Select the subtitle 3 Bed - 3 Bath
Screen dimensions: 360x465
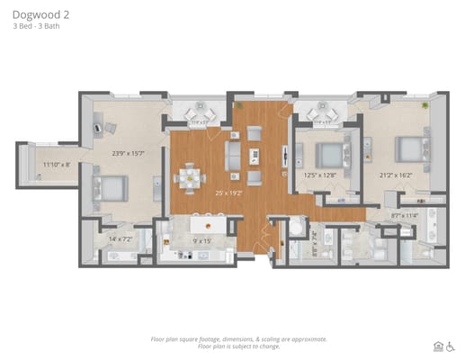(x=37, y=27)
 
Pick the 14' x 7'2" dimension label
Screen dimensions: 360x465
(x=121, y=238)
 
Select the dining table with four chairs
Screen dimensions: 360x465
(x=190, y=177)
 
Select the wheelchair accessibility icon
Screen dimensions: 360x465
(x=451, y=344)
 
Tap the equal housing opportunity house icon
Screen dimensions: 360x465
(x=438, y=344)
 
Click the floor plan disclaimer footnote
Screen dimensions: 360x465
(x=237, y=342)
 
